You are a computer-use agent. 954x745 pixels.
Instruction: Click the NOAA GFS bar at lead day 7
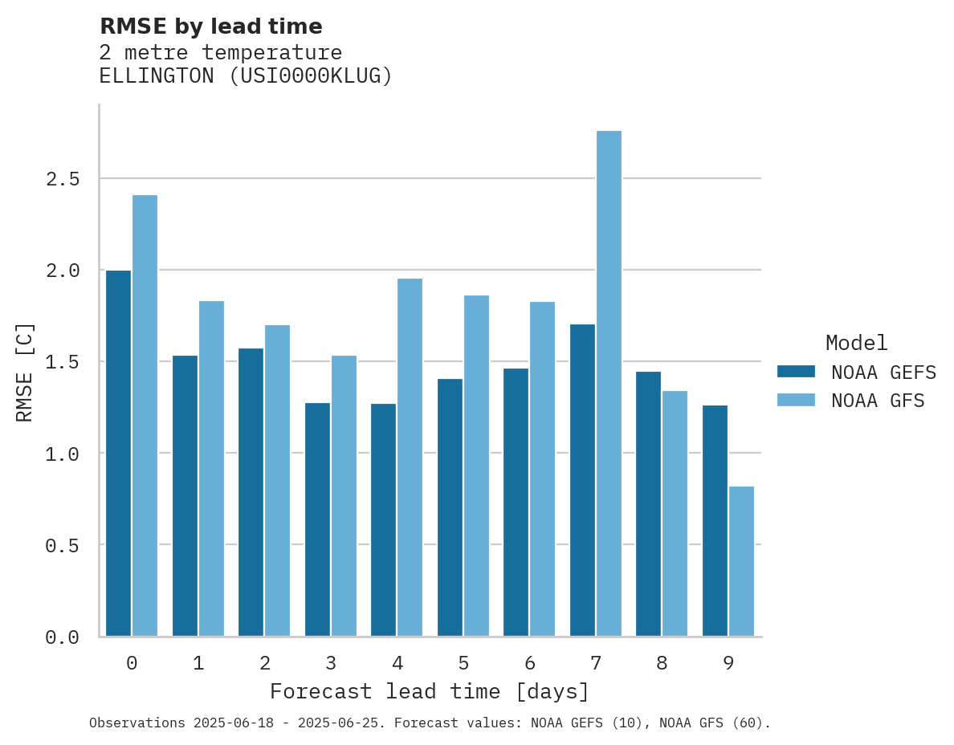(609, 384)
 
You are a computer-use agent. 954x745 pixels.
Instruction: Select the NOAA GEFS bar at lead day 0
(118, 454)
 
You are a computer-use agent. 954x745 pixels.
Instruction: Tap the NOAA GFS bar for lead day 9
(741, 561)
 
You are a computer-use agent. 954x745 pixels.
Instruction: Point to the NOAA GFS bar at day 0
(145, 416)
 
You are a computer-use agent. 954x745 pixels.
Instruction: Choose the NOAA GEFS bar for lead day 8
(648, 503)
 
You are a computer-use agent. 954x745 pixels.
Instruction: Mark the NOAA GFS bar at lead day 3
(344, 495)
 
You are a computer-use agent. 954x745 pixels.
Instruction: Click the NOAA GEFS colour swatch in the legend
(796, 372)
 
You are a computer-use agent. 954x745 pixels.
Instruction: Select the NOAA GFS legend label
(878, 401)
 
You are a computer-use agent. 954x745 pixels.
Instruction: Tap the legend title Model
(856, 343)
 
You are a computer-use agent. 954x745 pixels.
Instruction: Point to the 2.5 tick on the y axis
(63, 178)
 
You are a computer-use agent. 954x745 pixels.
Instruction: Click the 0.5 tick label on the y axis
(63, 545)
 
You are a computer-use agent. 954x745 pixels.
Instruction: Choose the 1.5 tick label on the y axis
(63, 362)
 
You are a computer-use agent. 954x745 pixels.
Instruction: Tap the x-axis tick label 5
(463, 663)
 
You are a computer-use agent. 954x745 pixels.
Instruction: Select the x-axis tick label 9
(728, 663)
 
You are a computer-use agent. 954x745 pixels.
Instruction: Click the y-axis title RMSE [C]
(25, 372)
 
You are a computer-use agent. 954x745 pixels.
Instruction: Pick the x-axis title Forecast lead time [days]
(430, 691)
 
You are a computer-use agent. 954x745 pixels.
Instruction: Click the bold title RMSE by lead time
(210, 26)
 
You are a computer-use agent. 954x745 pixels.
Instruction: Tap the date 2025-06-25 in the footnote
(341, 723)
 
